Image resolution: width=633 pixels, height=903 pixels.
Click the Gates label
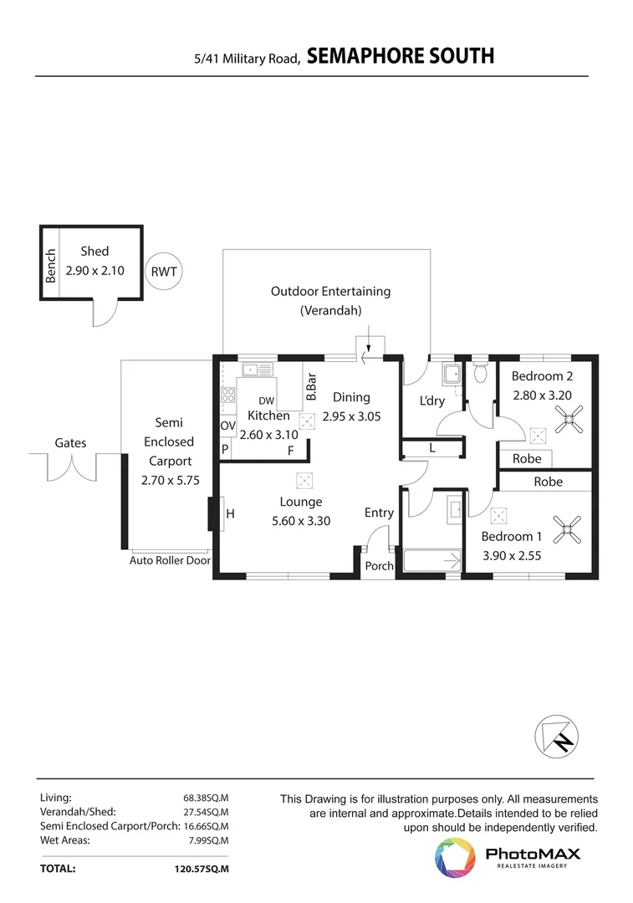pyautogui.click(x=70, y=443)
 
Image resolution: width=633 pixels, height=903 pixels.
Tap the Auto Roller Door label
pyautogui.click(x=170, y=561)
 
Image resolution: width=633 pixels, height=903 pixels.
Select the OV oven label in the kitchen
pyautogui.click(x=227, y=426)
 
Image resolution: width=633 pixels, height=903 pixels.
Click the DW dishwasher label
pyautogui.click(x=266, y=401)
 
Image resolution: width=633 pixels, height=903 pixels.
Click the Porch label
pyautogui.click(x=380, y=566)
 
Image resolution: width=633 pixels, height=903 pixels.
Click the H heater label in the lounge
pyautogui.click(x=230, y=515)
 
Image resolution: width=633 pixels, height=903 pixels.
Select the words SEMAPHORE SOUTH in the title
pyautogui.click(x=400, y=56)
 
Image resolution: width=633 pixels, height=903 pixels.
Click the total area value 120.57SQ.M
pyautogui.click(x=200, y=869)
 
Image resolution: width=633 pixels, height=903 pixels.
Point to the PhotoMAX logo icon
pyautogui.click(x=454, y=858)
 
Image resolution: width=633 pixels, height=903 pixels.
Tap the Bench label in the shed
pyautogui.click(x=51, y=266)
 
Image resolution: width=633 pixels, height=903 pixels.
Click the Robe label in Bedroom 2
pyautogui.click(x=527, y=458)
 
